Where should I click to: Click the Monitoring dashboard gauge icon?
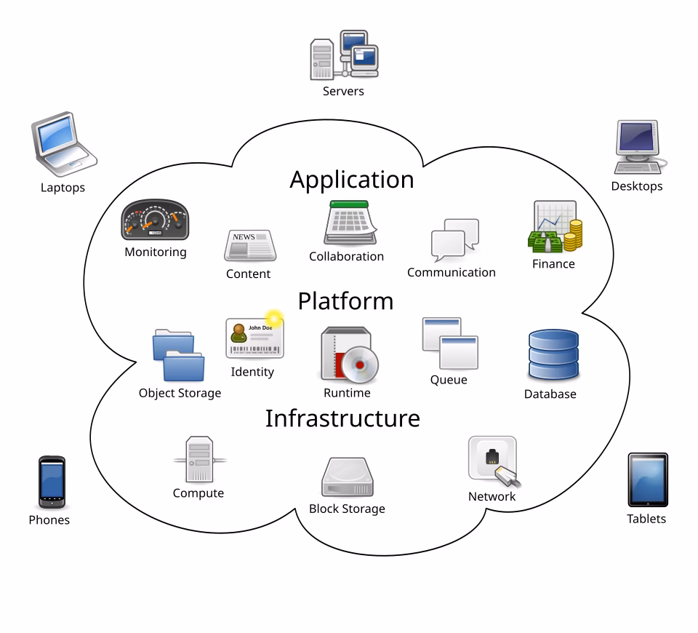tap(154, 220)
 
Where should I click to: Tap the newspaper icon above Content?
tap(249, 246)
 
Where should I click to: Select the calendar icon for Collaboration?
tap(348, 223)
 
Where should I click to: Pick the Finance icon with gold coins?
tap(555, 227)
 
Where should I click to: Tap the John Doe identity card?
tap(254, 338)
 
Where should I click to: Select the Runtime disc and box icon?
tap(348, 354)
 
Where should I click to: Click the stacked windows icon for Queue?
tap(449, 343)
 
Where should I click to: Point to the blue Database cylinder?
tap(553, 354)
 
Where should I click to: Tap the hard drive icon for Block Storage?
tap(347, 477)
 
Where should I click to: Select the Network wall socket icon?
tap(494, 461)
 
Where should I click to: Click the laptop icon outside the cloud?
tap(63, 145)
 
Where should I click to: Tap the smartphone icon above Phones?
tap(52, 482)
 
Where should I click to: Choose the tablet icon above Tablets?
tap(647, 480)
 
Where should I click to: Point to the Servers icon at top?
tap(344, 55)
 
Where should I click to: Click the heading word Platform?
tap(345, 301)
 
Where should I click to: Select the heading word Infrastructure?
tap(342, 418)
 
